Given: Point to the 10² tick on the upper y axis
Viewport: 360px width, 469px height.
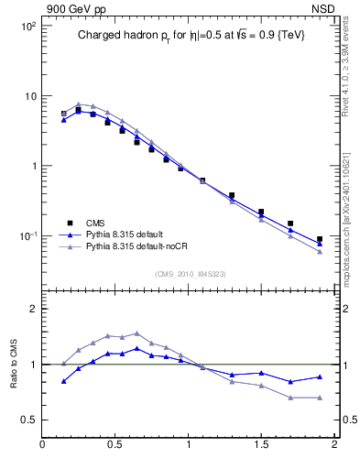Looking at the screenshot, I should (28, 26).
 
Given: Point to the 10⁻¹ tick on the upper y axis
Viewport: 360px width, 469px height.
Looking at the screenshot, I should (27, 235).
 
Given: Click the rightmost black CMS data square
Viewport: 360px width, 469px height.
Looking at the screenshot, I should (320, 239).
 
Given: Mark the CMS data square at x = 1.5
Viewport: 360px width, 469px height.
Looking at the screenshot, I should (261, 212).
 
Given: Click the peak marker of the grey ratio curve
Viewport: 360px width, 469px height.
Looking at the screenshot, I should (136, 333).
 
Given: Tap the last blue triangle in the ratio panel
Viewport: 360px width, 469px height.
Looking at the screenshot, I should (320, 376).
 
